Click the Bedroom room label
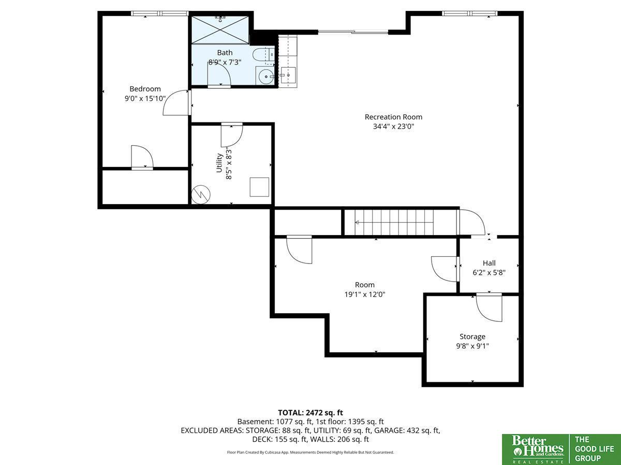click(x=145, y=89)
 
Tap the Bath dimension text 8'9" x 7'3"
click(x=225, y=62)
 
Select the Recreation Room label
click(x=393, y=117)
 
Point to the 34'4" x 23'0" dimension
click(x=393, y=126)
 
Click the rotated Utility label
click(x=219, y=163)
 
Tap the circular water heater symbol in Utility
click(x=201, y=195)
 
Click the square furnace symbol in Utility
click(x=259, y=187)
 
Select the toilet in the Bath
click(x=263, y=55)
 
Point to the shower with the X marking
click(x=220, y=30)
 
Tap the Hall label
click(x=489, y=263)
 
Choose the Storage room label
click(x=472, y=336)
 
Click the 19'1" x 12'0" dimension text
click(x=365, y=295)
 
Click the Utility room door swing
click(x=232, y=135)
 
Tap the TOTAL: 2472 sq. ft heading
click(x=310, y=413)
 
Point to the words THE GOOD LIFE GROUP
click(x=595, y=448)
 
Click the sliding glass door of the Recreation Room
click(x=353, y=32)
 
